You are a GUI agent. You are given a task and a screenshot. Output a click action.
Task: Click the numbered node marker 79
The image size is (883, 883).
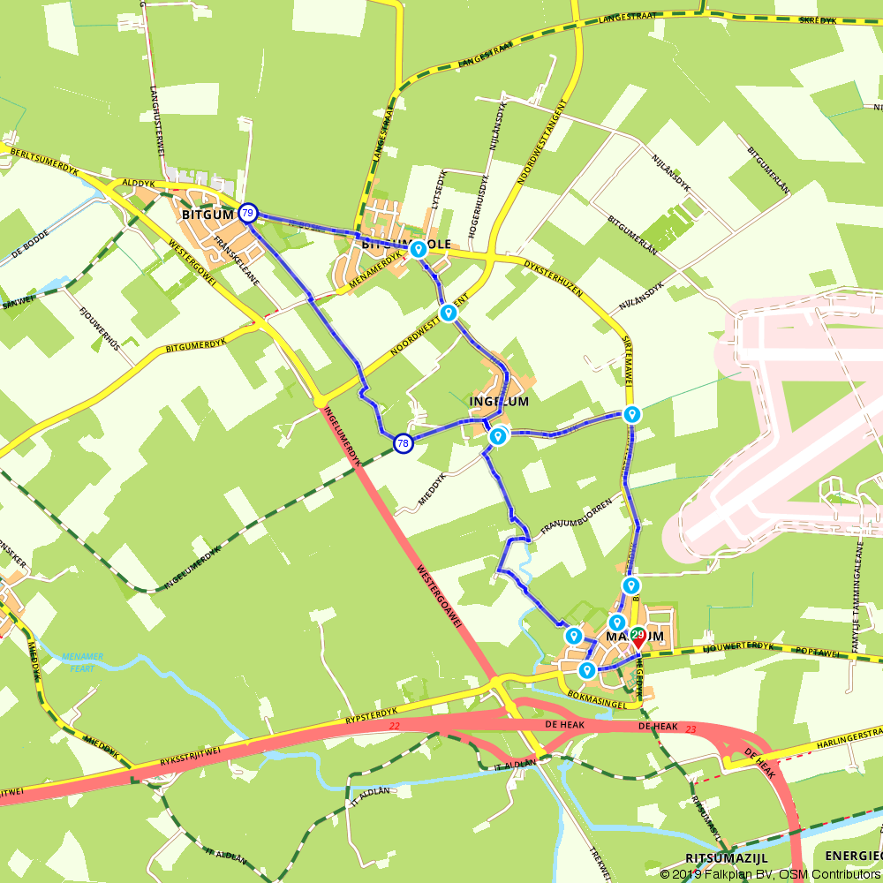tap(248, 213)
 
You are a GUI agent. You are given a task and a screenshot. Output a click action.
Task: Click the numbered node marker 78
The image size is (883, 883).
tap(403, 443)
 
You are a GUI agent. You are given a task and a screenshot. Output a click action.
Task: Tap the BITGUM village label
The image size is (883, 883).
tap(207, 215)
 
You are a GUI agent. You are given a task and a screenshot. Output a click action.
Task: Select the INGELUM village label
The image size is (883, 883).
tap(499, 401)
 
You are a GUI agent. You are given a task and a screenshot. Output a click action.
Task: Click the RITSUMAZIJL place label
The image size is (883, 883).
tap(726, 858)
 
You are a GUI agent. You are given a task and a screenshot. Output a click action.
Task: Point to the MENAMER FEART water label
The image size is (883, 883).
tap(83, 662)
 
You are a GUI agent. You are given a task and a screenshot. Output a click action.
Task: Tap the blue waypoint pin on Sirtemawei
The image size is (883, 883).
tap(631, 414)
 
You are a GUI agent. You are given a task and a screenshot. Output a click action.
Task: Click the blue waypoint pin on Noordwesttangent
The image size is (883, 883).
tap(449, 313)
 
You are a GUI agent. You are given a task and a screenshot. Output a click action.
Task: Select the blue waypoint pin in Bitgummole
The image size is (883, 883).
tap(419, 249)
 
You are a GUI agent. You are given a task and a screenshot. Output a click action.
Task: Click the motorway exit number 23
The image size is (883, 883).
tap(691, 728)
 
